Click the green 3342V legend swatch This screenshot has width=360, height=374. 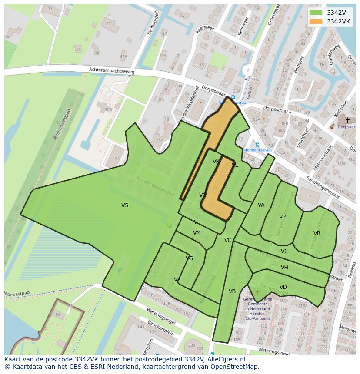(316, 13)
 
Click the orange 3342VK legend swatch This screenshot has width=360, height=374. (316, 21)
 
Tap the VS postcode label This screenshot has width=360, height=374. (125, 205)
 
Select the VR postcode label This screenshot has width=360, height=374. (317, 233)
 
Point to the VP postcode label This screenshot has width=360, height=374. (282, 217)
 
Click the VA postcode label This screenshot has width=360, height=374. (261, 205)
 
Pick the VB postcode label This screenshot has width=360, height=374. (232, 291)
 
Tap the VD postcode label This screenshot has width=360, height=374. (283, 287)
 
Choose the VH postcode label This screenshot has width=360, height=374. (284, 268)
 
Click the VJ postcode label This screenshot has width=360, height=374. (283, 252)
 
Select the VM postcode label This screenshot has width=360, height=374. (197, 233)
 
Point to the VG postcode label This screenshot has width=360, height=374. (189, 258)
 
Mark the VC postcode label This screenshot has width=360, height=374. (228, 240)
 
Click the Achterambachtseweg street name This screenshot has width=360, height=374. (112, 70)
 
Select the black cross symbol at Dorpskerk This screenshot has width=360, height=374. (347, 120)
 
